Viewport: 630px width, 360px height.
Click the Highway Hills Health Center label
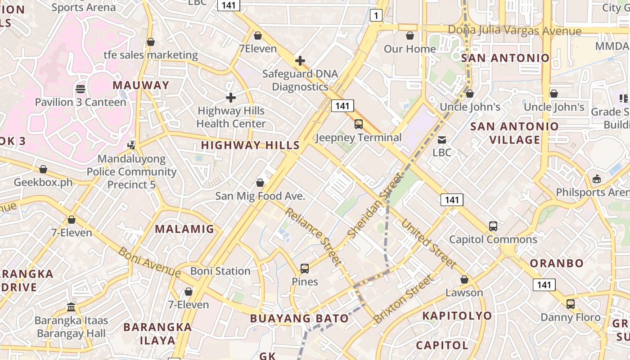pos(231,117)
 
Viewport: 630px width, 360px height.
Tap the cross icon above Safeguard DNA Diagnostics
pos(300,61)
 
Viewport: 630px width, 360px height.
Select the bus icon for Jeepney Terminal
pos(359,124)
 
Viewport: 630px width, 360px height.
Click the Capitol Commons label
pos(493,239)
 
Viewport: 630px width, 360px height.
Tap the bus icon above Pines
pos(305,269)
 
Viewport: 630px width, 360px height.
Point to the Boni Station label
pos(220,271)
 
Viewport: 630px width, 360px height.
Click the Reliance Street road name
pos(313,236)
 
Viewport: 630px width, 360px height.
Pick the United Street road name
pos(428,243)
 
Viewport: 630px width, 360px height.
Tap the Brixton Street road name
pos(404,299)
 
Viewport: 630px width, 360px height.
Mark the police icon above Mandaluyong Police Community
pos(131,145)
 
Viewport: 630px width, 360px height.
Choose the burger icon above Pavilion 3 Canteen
pos(81,89)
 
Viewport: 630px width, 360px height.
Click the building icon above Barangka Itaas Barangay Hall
pos(71,307)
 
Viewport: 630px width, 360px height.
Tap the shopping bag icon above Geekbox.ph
pos(43,169)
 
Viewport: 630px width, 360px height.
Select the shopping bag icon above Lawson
pos(464,279)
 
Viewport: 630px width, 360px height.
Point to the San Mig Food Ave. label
pos(260,196)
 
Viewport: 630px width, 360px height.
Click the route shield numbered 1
pos(376,16)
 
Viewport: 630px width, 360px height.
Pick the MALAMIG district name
pos(184,229)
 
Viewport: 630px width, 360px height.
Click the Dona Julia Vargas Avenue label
pos(514,31)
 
